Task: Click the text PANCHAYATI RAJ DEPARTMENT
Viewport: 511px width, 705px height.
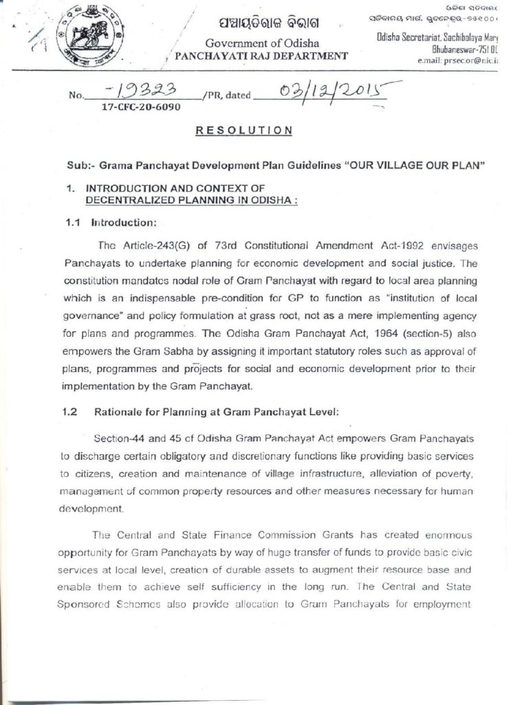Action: click(x=261, y=56)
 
